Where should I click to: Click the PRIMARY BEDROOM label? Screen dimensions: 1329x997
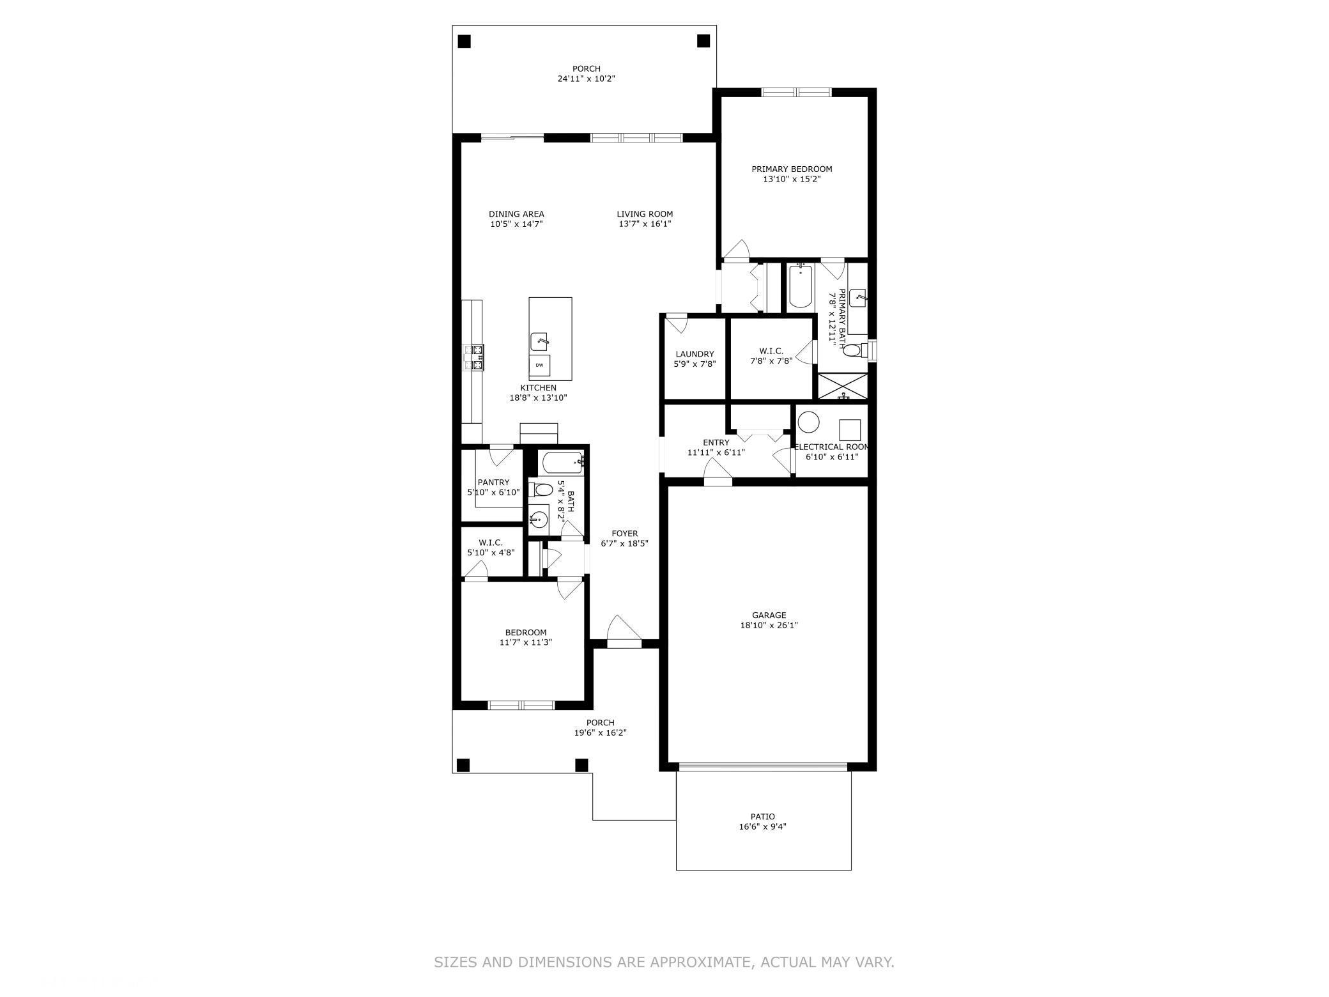tap(792, 169)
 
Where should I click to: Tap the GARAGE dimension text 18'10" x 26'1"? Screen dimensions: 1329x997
tap(769, 626)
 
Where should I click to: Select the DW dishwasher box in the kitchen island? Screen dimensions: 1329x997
tap(539, 365)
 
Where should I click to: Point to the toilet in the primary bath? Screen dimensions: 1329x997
tap(857, 350)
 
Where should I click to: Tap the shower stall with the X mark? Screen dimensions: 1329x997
tap(843, 387)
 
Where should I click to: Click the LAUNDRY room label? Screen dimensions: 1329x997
tap(695, 354)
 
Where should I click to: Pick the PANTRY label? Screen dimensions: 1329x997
tap(493, 483)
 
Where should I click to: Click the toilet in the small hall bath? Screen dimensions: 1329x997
tap(541, 490)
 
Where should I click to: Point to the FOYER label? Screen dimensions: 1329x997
tap(624, 534)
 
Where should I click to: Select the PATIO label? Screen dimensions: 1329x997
tap(763, 817)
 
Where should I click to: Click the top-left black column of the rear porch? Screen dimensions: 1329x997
tap(465, 42)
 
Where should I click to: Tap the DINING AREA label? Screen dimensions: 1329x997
tap(516, 214)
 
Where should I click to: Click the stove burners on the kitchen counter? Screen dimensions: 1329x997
tap(475, 358)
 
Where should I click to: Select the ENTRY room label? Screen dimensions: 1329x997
tap(716, 442)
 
